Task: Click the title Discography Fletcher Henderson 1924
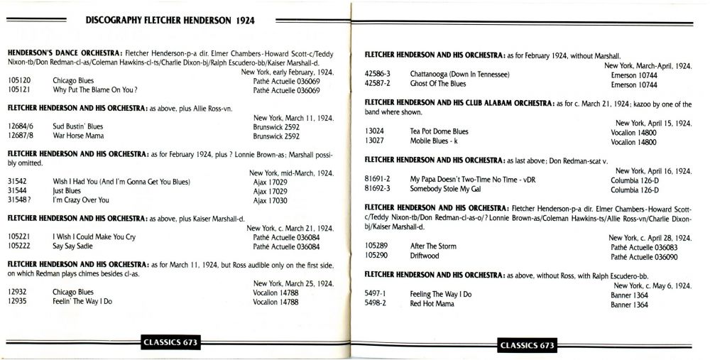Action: [170, 22]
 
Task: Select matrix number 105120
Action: [19, 81]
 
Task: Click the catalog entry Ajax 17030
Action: [271, 201]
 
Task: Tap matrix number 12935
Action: [18, 301]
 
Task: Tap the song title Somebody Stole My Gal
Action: [449, 190]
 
